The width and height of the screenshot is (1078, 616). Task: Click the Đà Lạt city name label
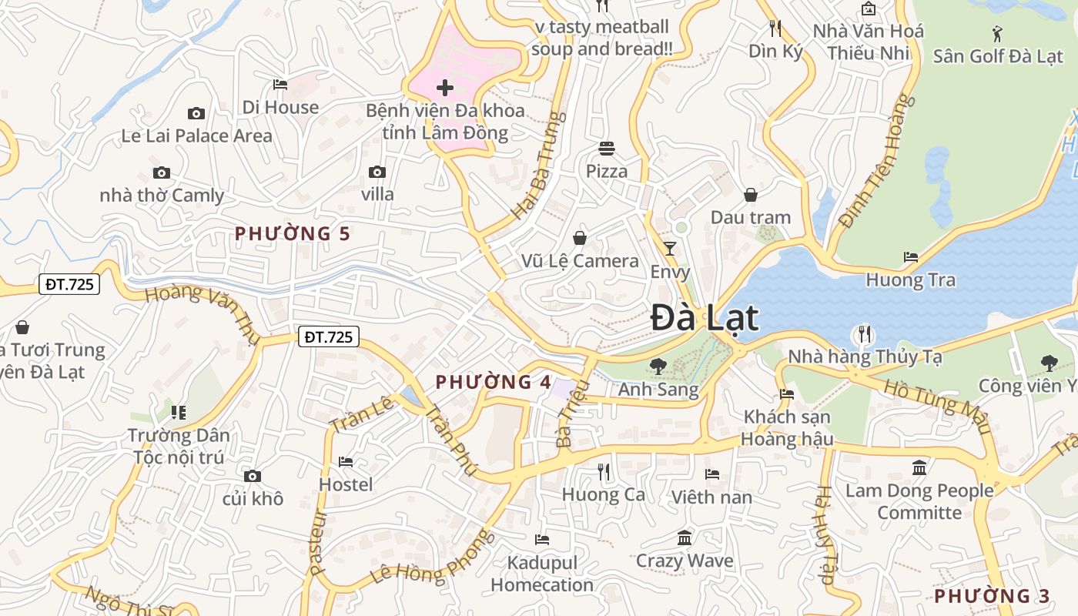click(x=705, y=318)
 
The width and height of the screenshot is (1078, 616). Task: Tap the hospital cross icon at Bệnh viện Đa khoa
click(x=445, y=88)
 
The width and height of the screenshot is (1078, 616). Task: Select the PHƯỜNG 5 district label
click(x=293, y=233)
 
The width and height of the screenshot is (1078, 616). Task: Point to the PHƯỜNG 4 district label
click(x=494, y=382)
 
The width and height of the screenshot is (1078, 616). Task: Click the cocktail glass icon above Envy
click(x=670, y=248)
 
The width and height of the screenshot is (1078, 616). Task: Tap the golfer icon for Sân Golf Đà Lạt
click(x=998, y=34)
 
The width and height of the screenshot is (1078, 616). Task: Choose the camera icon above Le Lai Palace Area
click(x=196, y=114)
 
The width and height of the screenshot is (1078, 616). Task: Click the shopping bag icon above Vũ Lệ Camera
click(x=580, y=238)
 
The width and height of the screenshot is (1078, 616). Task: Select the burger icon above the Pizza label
click(x=607, y=148)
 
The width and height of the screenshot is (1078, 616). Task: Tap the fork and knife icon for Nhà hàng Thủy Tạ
click(x=865, y=334)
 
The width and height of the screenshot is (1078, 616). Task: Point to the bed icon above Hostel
click(x=346, y=462)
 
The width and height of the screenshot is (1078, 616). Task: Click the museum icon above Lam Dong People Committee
click(x=919, y=467)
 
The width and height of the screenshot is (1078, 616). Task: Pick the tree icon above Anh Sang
click(x=658, y=367)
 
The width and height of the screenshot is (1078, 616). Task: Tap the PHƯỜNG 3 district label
click(x=992, y=596)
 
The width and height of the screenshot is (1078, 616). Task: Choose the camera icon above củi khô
click(x=252, y=477)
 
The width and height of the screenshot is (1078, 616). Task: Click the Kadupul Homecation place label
click(x=542, y=574)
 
